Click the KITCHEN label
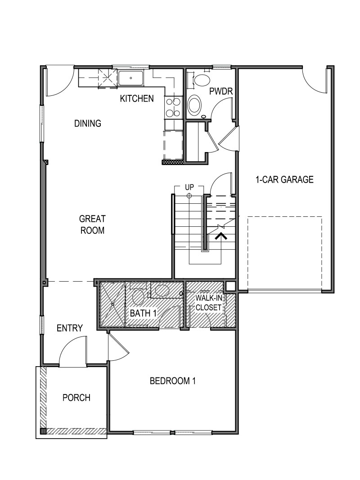tap(137, 99)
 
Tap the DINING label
tap(87, 123)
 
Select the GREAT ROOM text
tap(92, 224)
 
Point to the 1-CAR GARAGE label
tap(284, 179)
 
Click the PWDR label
tap(220, 91)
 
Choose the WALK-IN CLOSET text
tap(208, 302)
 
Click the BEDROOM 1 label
tap(173, 381)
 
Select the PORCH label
tap(76, 398)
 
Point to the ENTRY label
tap(70, 328)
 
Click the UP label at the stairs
tap(189, 187)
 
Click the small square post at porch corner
tap(43, 431)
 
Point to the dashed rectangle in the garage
tap(284, 252)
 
